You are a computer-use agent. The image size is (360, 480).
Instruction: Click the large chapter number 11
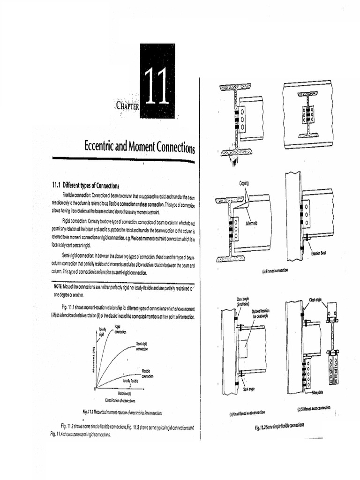tap(157, 87)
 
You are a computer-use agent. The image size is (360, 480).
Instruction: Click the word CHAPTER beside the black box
tap(127, 106)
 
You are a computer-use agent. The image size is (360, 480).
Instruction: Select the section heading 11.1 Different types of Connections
tap(86, 185)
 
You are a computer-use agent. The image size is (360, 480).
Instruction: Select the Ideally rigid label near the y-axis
tap(102, 332)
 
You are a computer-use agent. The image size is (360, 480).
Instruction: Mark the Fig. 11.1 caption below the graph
tap(122, 412)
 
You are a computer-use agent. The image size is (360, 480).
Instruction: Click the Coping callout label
tap(244, 183)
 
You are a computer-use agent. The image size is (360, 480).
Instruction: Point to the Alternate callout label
tap(251, 223)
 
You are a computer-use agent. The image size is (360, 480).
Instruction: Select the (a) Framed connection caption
tap(275, 271)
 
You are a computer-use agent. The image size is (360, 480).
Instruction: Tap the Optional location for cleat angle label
tap(260, 313)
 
